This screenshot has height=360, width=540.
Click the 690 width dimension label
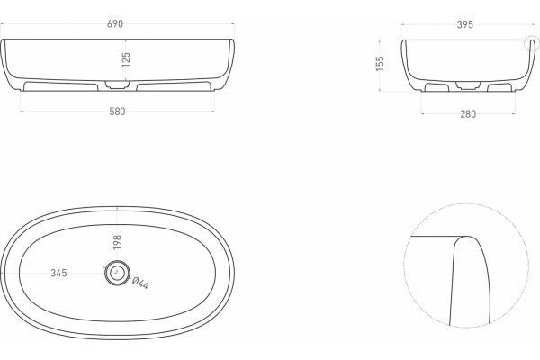(115, 24)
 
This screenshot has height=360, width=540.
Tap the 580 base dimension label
(117, 112)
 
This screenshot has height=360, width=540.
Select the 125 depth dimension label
(126, 59)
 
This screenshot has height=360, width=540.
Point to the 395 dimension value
(465, 25)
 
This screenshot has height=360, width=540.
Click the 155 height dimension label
(380, 64)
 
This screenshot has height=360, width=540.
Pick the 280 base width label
(468, 114)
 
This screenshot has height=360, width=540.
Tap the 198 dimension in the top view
(117, 242)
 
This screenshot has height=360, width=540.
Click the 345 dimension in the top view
(58, 273)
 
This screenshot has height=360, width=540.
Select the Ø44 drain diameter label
(140, 283)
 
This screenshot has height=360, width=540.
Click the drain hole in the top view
(117, 272)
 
